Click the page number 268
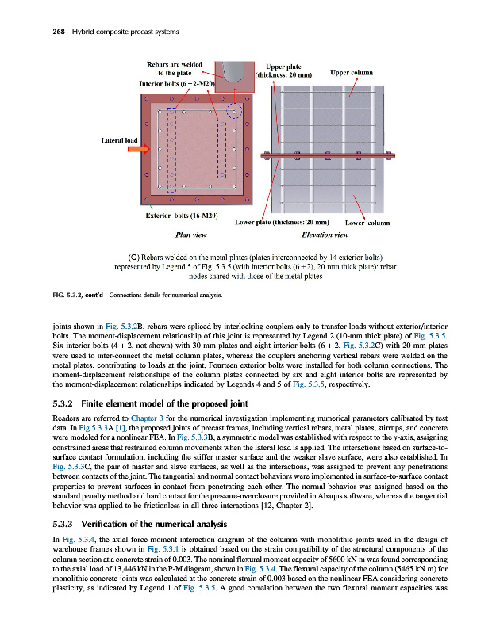click(x=37, y=31)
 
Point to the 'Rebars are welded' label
click(x=175, y=63)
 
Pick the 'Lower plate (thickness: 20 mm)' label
click(x=283, y=222)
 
